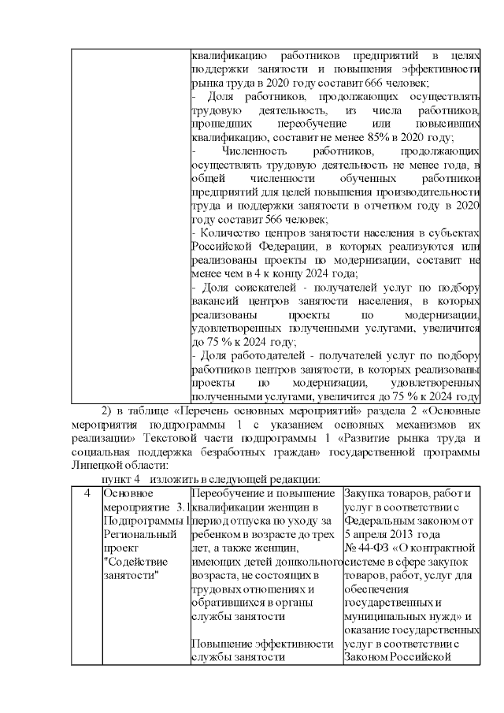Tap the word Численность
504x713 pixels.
click(252, 150)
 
